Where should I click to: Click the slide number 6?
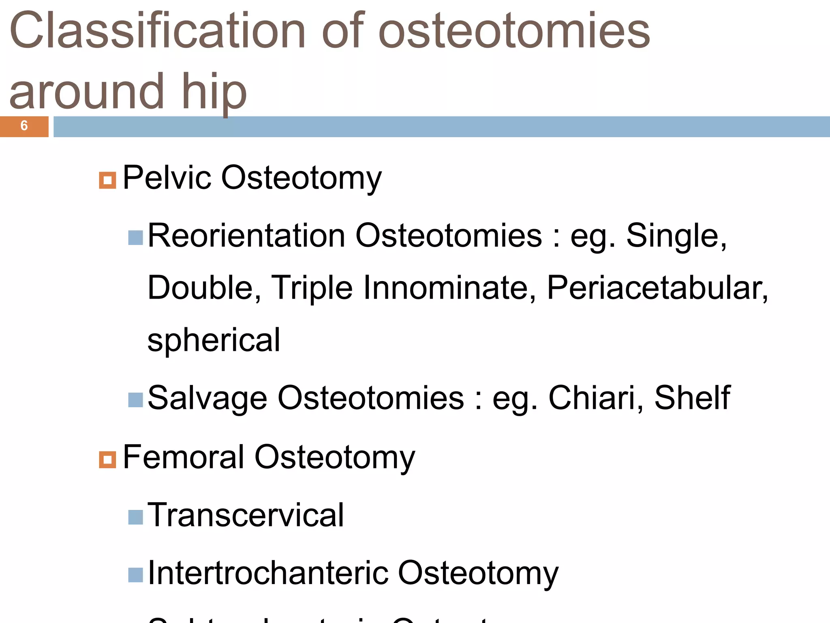point(24,126)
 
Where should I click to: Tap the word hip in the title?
point(214,92)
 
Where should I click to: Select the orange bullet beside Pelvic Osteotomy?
point(107,180)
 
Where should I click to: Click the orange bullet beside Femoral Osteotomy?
point(107,460)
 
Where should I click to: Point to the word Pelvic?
point(167,178)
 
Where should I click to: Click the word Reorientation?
point(246,236)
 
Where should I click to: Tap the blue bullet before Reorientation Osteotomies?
point(135,238)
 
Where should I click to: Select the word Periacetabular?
point(657,288)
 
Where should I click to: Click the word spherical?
point(214,340)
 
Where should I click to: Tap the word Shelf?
point(692,398)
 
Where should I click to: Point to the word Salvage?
point(207,398)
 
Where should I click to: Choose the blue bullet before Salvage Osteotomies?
point(135,400)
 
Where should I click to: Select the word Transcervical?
point(246,515)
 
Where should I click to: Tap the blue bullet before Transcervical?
point(135,517)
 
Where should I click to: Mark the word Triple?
point(312,288)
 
